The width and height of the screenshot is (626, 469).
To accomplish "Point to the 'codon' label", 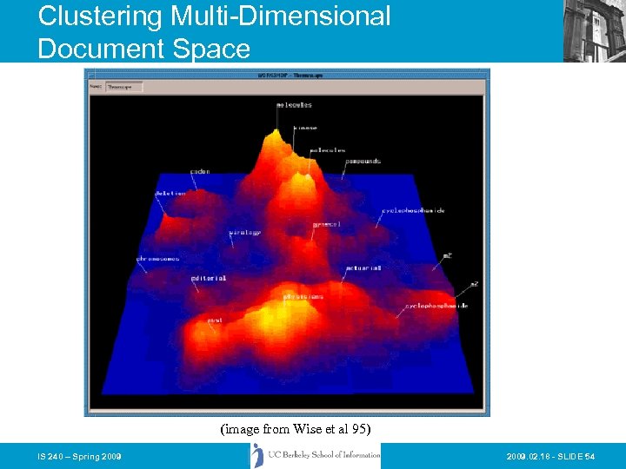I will [x=200, y=172].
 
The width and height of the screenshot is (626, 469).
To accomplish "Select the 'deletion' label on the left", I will [x=170, y=193].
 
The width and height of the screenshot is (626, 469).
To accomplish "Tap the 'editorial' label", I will [x=209, y=279].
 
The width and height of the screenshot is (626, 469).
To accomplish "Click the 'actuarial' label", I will [x=363, y=268].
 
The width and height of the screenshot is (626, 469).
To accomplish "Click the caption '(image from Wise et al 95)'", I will [x=296, y=428].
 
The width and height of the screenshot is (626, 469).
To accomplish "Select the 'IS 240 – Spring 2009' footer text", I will [x=79, y=456].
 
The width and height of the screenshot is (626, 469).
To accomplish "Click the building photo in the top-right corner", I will [x=594, y=30].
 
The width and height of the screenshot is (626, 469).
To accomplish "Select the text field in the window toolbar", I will [x=123, y=87].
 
